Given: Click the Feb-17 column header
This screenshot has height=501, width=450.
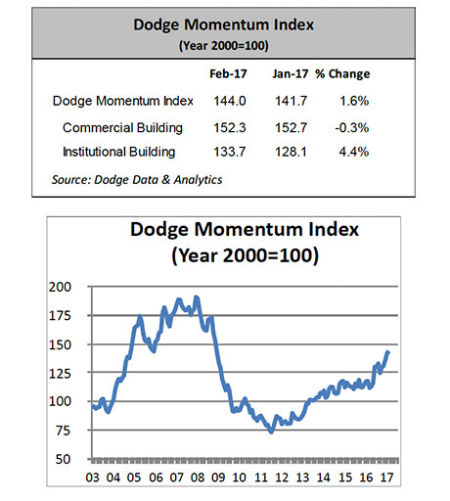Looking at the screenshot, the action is [228, 74].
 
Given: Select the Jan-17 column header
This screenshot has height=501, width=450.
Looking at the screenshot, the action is [291, 74].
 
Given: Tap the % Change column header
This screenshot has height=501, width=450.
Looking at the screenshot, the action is [342, 74].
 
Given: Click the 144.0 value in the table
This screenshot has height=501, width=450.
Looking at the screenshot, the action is [230, 101].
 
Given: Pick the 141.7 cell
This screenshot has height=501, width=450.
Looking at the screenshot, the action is [291, 101].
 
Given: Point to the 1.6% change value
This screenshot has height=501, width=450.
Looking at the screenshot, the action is [354, 101].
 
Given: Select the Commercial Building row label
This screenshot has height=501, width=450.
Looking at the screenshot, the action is [122, 128].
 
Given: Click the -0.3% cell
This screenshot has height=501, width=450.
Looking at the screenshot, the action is [352, 127].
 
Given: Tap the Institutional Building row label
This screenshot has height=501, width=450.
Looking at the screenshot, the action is [119, 152].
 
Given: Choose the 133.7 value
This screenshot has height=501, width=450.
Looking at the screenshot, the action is [230, 152].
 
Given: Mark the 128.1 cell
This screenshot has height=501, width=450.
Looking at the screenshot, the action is [291, 152].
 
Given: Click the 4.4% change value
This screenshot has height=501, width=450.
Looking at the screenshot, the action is [354, 152].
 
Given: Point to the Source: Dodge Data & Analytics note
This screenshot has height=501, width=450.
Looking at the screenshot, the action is [137, 180].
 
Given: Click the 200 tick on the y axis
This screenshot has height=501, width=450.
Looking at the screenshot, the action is [60, 287].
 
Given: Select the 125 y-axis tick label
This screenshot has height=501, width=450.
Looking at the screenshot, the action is [60, 373].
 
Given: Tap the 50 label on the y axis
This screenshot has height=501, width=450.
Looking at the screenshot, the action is [63, 459].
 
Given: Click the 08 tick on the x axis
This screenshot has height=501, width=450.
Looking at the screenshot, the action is [198, 478].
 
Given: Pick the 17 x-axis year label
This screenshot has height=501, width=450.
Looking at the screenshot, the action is [386, 478].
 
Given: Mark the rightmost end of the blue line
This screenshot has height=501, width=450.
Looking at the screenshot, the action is [388, 351].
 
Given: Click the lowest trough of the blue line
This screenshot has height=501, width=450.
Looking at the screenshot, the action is [272, 432].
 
